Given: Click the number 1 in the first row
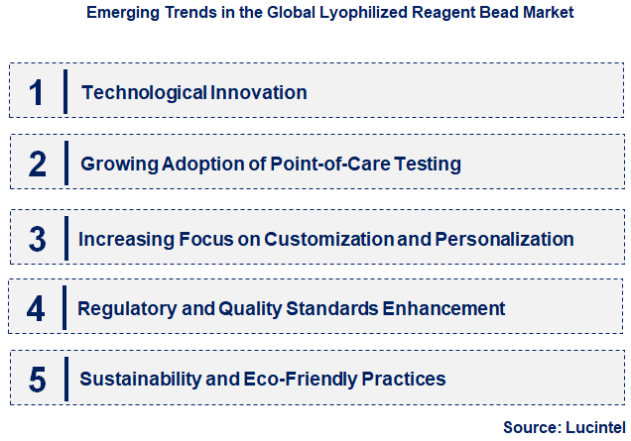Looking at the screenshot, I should [37, 92].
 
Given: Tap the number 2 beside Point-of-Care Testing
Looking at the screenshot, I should [37, 164].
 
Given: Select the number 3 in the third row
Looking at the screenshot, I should [37, 239].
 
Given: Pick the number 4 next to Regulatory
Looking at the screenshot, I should [37, 308].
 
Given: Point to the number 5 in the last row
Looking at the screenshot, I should [37, 379].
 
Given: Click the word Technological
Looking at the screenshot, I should [145, 92].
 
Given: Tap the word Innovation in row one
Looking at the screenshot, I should [259, 92].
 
